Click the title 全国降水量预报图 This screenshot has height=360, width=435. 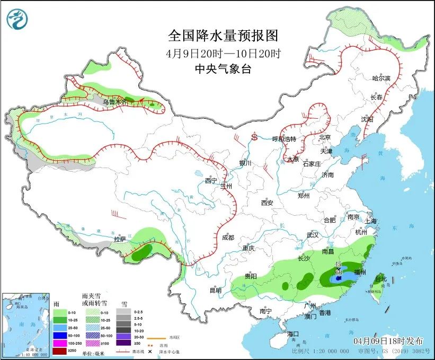[x=223, y=36]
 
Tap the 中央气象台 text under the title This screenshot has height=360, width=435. [x=223, y=68]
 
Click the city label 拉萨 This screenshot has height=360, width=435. [x=121, y=239]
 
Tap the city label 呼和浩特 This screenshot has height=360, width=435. [x=285, y=139]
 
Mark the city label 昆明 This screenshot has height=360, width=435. [x=215, y=290]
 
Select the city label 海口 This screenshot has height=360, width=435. [x=294, y=334]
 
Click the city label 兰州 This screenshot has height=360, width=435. [x=227, y=186]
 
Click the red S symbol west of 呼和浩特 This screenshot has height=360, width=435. [x=254, y=137]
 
